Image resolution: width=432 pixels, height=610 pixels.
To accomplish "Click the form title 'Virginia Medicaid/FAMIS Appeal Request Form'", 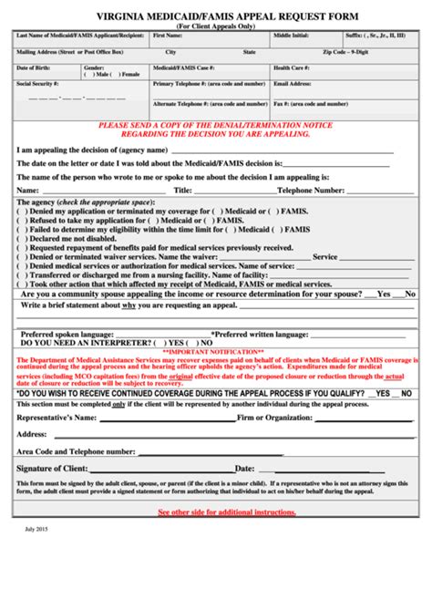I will click(x=215, y=16).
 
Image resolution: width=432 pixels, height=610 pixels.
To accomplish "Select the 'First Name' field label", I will click(x=168, y=36).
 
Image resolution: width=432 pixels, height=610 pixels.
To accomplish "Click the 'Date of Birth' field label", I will click(x=35, y=68).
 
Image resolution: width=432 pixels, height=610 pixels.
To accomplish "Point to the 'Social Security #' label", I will click(x=37, y=83).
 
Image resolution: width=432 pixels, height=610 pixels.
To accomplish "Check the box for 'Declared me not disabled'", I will click(x=20, y=238).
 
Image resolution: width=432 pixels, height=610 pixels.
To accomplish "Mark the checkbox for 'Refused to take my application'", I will click(x=20, y=220).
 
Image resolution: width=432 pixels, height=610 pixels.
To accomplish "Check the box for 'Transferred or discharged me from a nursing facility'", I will click(x=20, y=274).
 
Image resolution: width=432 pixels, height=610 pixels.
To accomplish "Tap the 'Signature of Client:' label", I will click(x=52, y=468).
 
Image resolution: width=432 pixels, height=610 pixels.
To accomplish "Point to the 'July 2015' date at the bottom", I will click(x=36, y=554).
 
